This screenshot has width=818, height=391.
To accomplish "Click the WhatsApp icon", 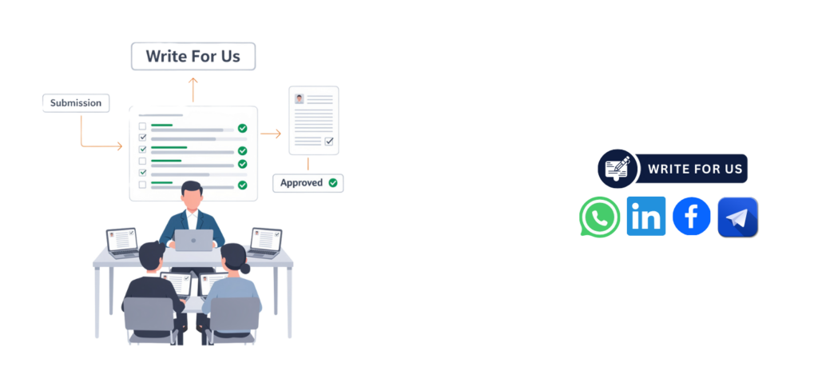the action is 599,217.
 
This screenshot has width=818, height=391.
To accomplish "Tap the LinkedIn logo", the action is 645,216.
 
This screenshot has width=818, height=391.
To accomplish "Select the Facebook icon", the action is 691,216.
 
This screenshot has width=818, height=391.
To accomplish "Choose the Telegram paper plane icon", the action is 737,217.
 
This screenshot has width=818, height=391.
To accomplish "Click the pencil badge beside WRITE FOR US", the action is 618,169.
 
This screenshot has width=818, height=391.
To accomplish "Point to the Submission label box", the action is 76,103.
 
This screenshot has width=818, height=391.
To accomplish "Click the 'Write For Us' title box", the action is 193,57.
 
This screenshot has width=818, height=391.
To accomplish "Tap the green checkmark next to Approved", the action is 333,183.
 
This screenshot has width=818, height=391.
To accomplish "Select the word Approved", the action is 301,183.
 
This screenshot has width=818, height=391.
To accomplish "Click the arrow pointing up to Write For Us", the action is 193,90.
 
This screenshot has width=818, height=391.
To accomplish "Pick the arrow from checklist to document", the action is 271,134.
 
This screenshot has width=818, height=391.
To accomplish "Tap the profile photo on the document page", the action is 300,98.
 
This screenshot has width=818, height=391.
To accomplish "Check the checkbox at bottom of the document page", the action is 328,141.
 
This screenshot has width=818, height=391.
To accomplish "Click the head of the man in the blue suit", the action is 192,194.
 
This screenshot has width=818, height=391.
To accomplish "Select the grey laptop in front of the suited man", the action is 193,240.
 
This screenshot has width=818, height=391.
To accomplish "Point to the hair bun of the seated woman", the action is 244,269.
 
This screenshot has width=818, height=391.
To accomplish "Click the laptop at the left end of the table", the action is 122,243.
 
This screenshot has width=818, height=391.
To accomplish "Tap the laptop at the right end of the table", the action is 265,243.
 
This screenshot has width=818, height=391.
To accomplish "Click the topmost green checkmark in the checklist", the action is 242,128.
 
